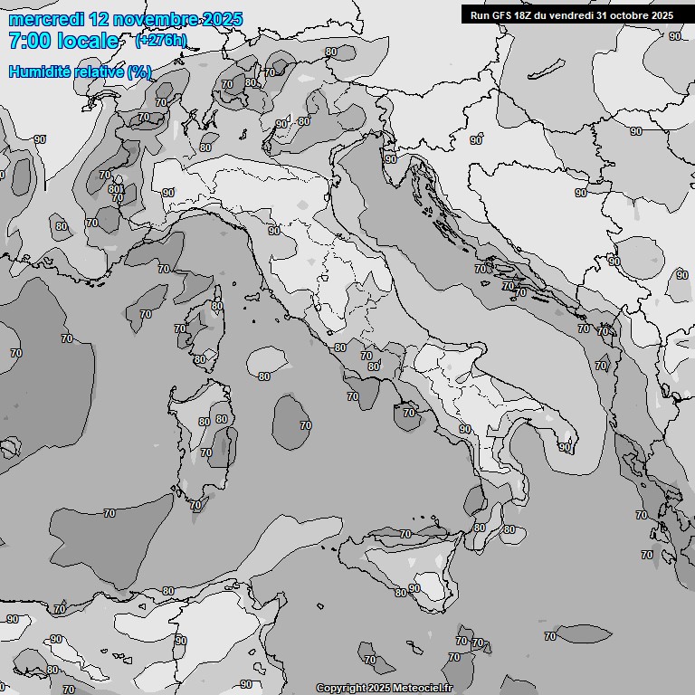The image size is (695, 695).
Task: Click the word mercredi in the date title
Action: click(x=43, y=19)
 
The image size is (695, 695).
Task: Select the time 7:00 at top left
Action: click(x=29, y=41)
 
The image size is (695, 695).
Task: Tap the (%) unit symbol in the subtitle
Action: click(x=139, y=72)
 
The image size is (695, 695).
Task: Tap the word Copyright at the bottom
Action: click(x=340, y=689)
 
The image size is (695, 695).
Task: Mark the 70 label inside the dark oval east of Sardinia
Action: click(x=306, y=425)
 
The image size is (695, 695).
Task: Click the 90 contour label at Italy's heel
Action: click(x=564, y=447)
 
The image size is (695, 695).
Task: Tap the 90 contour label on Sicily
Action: click(x=414, y=588)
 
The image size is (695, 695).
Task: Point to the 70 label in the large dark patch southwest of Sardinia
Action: click(x=109, y=513)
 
